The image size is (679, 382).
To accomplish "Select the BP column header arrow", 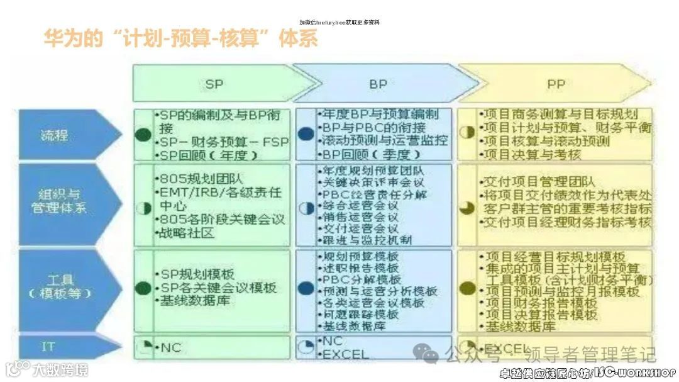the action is (378, 83).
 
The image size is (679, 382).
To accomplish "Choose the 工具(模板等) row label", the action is (60, 286).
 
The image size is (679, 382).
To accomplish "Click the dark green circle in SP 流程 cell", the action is (143, 134).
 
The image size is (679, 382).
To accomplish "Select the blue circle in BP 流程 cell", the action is (306, 134).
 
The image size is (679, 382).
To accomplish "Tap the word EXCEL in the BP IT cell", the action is (345, 354).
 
